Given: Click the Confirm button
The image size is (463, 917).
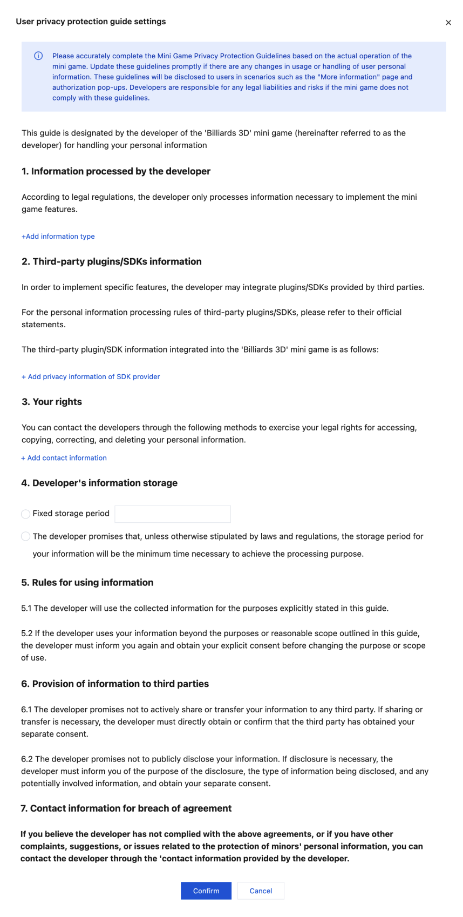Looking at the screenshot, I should coord(206,891).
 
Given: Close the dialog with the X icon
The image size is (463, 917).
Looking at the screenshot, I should coord(448,23).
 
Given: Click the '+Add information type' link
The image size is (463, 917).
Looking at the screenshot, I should coord(58,237).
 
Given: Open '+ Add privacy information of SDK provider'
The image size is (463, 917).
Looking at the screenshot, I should coord(91,376).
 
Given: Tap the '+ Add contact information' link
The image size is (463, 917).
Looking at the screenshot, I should coord(64,458).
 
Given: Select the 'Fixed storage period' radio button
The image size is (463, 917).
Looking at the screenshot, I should coord(25,514).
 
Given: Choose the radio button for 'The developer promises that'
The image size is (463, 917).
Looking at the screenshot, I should coord(25,536).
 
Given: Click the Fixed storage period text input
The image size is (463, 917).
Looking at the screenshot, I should coord(173,514).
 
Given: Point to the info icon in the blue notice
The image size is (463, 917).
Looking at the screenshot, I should coord(38,56).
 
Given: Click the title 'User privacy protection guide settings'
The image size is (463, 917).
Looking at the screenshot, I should coord(91,22).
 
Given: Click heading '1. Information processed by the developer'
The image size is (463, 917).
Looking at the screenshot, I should coord(115,171).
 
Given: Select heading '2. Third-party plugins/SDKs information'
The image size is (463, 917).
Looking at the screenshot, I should coord(111,261).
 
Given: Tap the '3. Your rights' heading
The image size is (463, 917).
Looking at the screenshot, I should coord(51,402).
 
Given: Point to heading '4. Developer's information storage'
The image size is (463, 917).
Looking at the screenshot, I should coord(99,483).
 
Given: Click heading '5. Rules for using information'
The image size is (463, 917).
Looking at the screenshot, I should coord(87,582).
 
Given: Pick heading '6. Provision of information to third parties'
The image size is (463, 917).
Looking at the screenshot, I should coord(115,684).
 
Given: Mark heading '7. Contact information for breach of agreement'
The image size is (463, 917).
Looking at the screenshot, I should coord(126,808).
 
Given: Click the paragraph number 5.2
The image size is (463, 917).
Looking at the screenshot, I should coord(27,633).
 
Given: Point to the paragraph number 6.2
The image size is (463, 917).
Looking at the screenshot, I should coord(27,759).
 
